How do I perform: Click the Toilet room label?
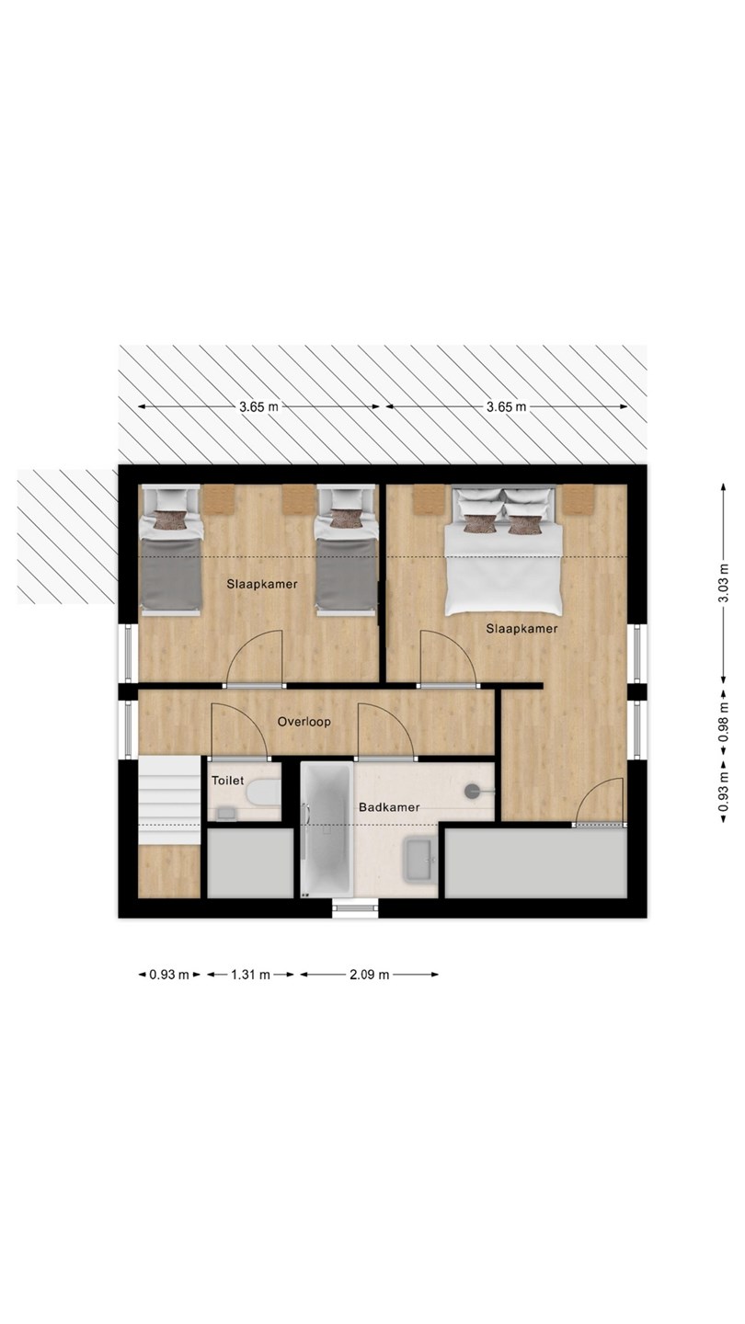click(x=228, y=781)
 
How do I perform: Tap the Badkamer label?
click(x=389, y=807)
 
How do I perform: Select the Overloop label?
click(x=304, y=721)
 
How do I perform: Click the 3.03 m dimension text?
click(x=723, y=583)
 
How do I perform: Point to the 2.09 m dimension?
click(x=370, y=975)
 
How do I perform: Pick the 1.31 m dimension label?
click(x=250, y=975)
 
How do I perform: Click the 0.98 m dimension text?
click(x=723, y=721)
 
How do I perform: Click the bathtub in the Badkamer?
click(x=327, y=829)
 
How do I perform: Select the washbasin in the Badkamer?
click(x=421, y=859)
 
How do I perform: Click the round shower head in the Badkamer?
click(x=473, y=791)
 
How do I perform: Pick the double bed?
click(x=503, y=550)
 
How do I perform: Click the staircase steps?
click(x=169, y=800)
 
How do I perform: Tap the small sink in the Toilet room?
click(x=226, y=814)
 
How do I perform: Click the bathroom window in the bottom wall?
click(x=355, y=908)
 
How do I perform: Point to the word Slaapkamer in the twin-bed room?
click(x=262, y=584)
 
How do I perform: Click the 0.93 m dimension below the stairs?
click(x=169, y=975)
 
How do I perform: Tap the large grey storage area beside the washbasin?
click(x=535, y=863)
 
